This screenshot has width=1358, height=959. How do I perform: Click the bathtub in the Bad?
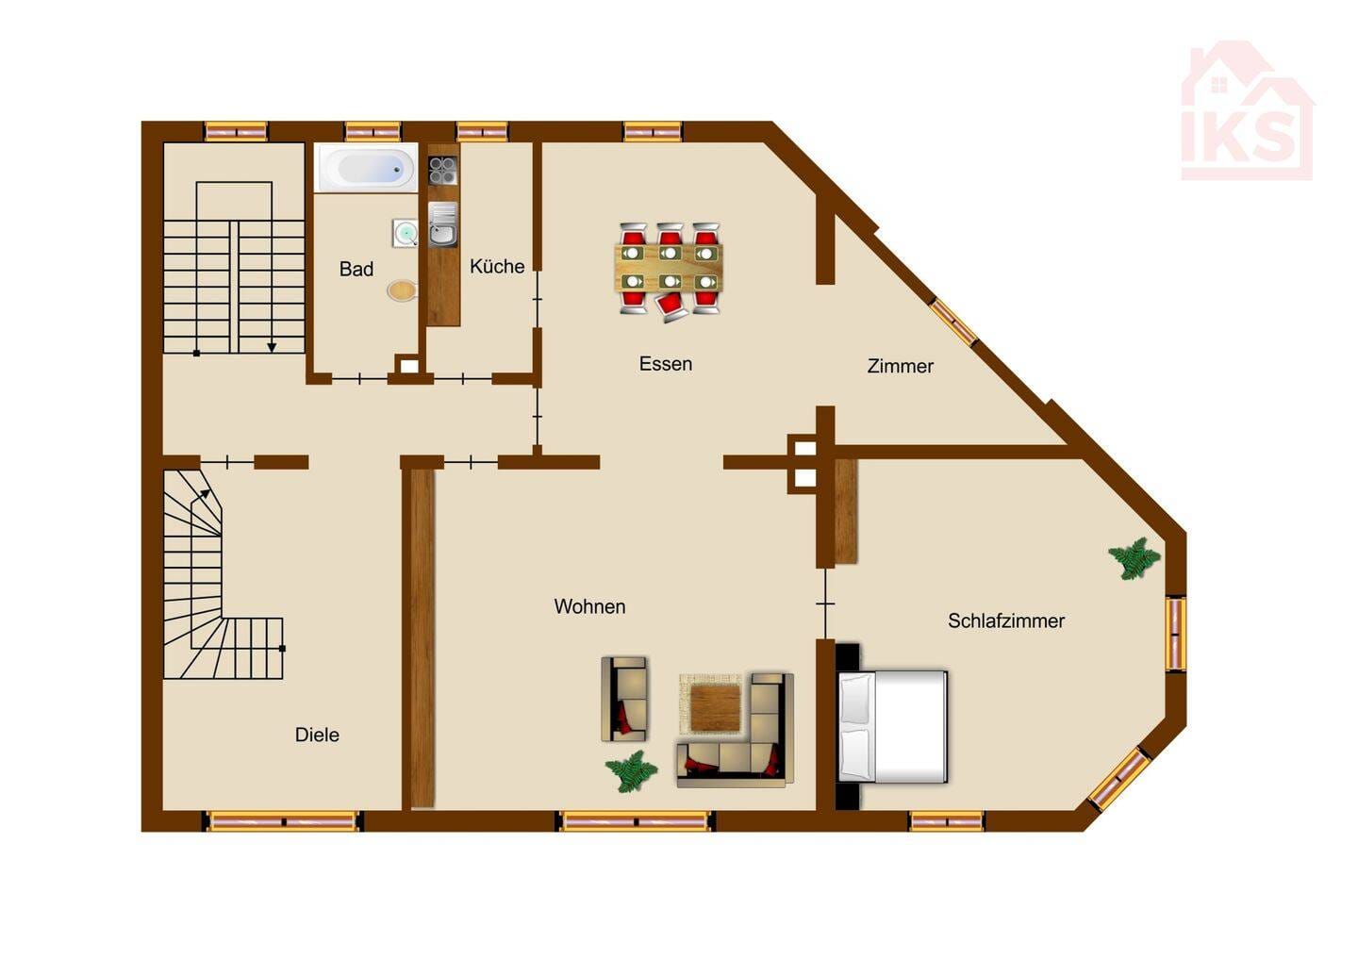tap(366, 168)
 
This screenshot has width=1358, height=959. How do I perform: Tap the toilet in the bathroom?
tap(402, 291)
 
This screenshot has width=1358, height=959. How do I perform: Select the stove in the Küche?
tap(443, 171)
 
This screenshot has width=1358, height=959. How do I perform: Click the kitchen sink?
tap(443, 224)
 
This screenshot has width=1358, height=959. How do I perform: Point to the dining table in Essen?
tap(670, 268)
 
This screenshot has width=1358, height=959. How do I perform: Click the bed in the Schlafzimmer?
tap(892, 726)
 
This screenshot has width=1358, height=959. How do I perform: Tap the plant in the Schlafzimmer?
tap(1134, 558)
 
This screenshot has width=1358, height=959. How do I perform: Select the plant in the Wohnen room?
tap(631, 771)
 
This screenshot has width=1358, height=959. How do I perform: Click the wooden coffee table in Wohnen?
tap(716, 707)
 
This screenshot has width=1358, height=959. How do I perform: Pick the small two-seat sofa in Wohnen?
tap(624, 699)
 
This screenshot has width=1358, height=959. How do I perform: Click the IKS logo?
tap(1247, 110)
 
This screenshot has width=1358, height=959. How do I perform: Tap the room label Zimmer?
tap(901, 366)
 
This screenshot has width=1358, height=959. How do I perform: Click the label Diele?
tap(317, 735)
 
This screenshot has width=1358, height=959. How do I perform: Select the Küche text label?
tap(497, 266)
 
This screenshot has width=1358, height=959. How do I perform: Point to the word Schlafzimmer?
tap(1006, 620)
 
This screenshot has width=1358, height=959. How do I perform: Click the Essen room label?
tap(666, 364)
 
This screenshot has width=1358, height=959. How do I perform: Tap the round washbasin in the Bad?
tap(405, 233)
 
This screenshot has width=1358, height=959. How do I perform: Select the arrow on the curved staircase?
tap(201, 500)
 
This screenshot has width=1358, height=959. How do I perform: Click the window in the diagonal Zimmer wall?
tap(954, 322)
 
